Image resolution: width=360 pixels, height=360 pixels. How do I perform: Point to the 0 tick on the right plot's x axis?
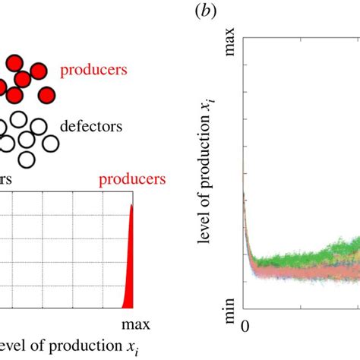tap(244, 326)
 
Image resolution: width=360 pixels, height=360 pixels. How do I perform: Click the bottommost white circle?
tap(27, 158)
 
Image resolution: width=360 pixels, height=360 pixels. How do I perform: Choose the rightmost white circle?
tap(51, 142)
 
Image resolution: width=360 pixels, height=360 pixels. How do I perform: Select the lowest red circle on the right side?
tap(47, 95)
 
